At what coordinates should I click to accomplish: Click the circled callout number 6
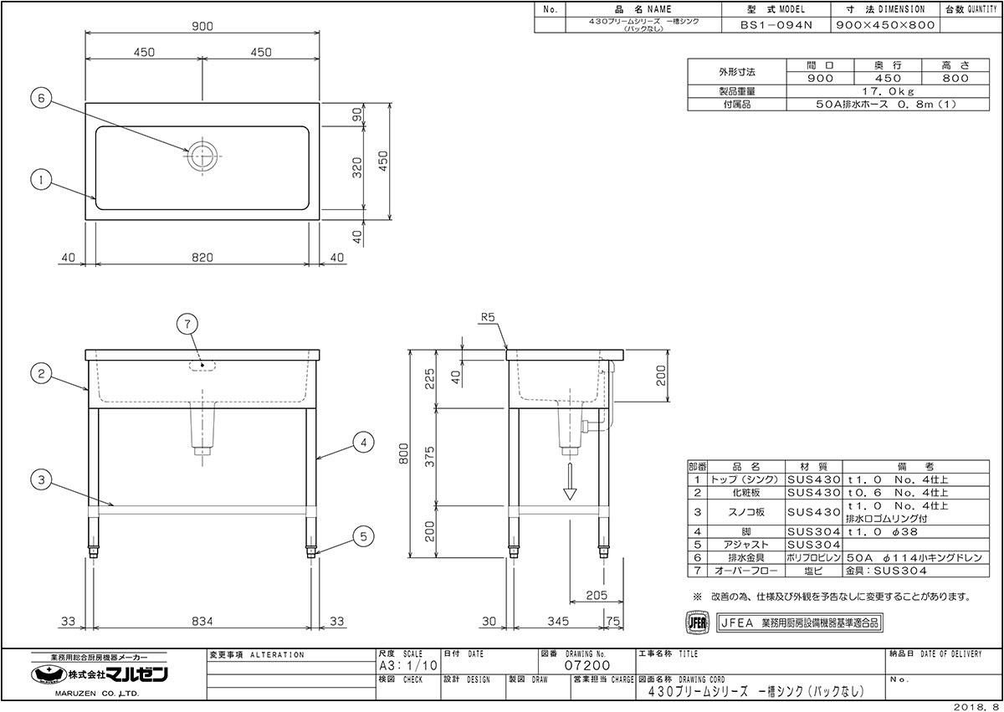[x=41, y=98]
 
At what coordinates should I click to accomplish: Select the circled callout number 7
[x=187, y=324]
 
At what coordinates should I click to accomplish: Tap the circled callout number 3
[x=41, y=480]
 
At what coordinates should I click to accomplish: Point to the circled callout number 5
[x=363, y=536]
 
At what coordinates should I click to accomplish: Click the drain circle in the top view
[x=202, y=156]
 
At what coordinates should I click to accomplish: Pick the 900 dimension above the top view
[x=202, y=27]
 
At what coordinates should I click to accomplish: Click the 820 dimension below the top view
[x=202, y=258]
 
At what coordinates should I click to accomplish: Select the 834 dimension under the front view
[x=202, y=622]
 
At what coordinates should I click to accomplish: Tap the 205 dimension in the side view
[x=597, y=596]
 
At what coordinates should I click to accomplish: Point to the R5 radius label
[x=488, y=317]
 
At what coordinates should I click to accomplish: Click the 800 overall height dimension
[x=404, y=453]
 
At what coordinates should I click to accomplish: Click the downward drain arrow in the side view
[x=570, y=481]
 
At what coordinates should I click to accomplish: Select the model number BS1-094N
[x=776, y=25]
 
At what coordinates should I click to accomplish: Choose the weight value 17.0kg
[x=888, y=91]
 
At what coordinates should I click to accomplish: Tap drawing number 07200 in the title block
[x=587, y=666]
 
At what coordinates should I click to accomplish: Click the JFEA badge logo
[x=698, y=622]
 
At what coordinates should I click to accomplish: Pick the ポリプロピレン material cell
[x=813, y=558]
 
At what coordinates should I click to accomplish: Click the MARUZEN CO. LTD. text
[x=97, y=694]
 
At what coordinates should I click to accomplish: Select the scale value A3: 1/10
[x=408, y=666]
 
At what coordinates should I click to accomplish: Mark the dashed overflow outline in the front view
[x=202, y=366]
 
